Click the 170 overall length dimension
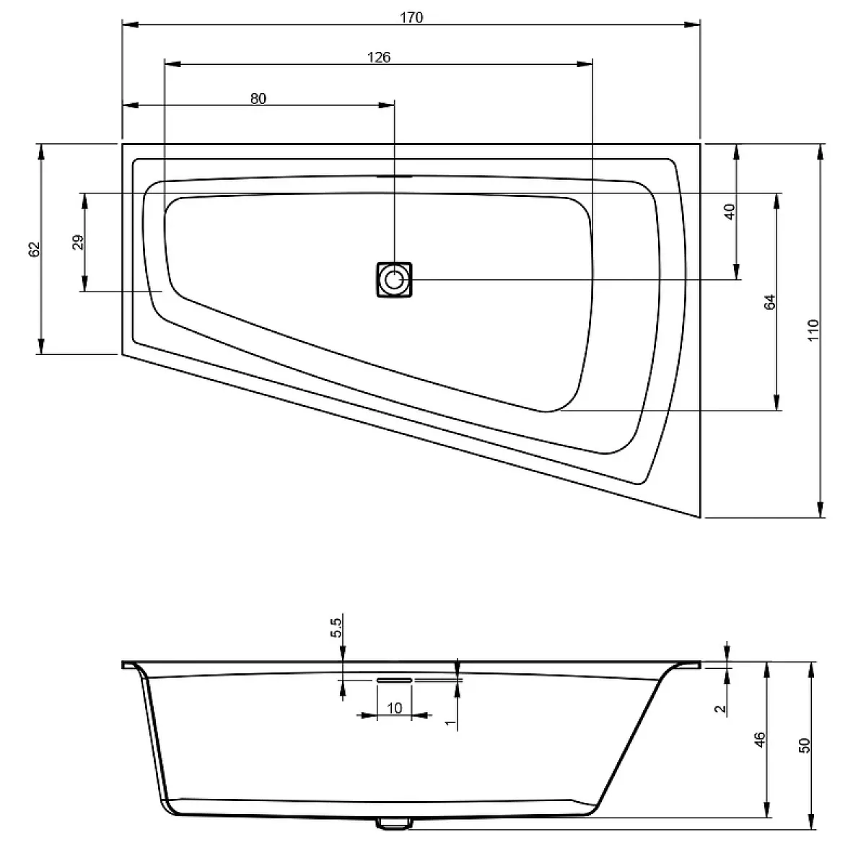pyautogui.click(x=411, y=17)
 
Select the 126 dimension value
pyautogui.click(x=379, y=58)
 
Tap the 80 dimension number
pyautogui.click(x=258, y=98)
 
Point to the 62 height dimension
pyautogui.click(x=35, y=250)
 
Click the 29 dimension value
pyautogui.click(x=78, y=242)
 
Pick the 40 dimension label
pyautogui.click(x=730, y=211)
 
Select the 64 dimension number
pyautogui.click(x=770, y=302)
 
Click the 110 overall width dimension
pyautogui.click(x=814, y=331)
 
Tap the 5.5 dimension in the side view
pyautogui.click(x=336, y=628)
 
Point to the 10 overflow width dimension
pyautogui.click(x=394, y=708)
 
